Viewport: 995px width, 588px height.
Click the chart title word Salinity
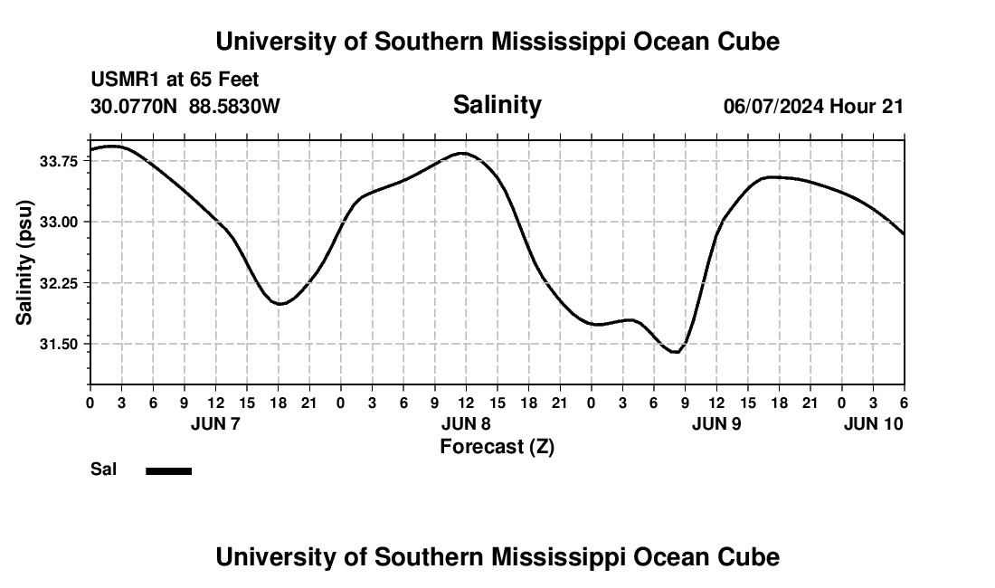pos(497,105)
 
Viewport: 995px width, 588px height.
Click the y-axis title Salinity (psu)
pos(24,262)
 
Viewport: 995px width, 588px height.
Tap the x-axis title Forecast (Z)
pos(497,447)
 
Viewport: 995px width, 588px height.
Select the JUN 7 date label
pos(215,423)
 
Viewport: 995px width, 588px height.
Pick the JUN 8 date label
pos(466,423)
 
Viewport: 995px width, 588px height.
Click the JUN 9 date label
pos(716,423)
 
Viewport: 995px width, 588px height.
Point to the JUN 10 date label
pos(873,423)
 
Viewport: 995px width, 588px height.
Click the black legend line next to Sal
pos(168,470)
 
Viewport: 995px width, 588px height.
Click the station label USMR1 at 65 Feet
pos(175,81)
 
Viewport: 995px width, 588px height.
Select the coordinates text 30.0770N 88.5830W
pos(185,107)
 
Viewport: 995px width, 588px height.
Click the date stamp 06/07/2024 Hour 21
pos(813,107)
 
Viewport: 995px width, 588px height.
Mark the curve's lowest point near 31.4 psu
pos(675,352)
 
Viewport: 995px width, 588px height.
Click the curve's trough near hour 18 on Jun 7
pos(280,304)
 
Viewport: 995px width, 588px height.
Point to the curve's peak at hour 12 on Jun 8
pos(463,153)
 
